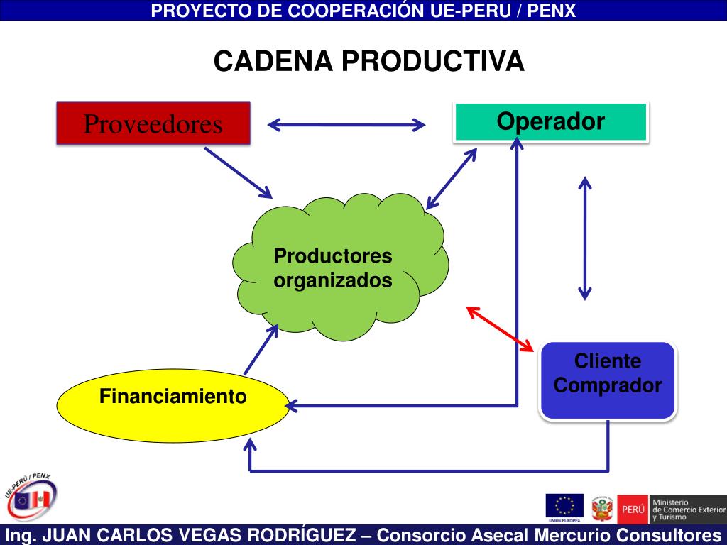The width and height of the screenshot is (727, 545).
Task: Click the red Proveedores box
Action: [x=153, y=123]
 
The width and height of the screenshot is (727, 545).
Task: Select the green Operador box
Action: [x=550, y=122]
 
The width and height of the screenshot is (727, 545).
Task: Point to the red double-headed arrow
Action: [x=501, y=328]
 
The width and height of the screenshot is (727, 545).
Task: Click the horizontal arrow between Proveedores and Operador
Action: [x=346, y=126]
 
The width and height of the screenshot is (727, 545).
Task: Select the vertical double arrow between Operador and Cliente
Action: [x=584, y=238]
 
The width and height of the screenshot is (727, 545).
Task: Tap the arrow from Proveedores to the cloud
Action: [x=238, y=172]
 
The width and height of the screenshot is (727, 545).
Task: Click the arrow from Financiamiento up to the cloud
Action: [x=261, y=349]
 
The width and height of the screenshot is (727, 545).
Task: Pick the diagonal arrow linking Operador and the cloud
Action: [x=451, y=178]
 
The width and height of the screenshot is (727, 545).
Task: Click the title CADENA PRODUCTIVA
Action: [x=369, y=62]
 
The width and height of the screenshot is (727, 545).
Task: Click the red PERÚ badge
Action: [x=633, y=510]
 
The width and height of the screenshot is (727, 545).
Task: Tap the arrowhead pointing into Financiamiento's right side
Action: [x=290, y=405]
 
